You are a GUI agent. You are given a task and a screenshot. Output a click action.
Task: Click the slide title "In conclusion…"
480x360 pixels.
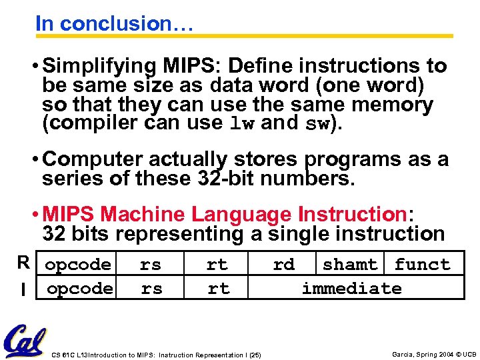114,23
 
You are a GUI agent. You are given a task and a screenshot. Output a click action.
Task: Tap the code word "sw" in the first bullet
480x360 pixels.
316,124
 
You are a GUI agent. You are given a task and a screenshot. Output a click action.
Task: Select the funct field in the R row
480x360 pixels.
422,265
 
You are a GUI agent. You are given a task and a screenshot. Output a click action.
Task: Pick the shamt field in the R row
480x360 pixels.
349,265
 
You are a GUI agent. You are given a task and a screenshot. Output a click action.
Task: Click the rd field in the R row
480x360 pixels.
283,265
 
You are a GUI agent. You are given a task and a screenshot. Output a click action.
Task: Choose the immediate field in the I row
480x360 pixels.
351,288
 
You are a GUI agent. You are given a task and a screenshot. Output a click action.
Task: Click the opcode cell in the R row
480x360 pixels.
78,265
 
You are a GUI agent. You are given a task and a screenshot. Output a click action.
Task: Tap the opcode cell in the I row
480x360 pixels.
79,288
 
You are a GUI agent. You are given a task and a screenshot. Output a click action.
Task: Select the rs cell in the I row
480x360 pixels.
151,288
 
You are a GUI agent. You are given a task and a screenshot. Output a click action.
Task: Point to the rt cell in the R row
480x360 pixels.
217,265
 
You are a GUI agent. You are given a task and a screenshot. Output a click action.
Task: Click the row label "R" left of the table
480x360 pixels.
24,264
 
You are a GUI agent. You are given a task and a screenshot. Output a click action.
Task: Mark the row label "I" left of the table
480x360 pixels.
24,289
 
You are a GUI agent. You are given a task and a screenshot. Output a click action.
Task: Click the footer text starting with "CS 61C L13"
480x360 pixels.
156,355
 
